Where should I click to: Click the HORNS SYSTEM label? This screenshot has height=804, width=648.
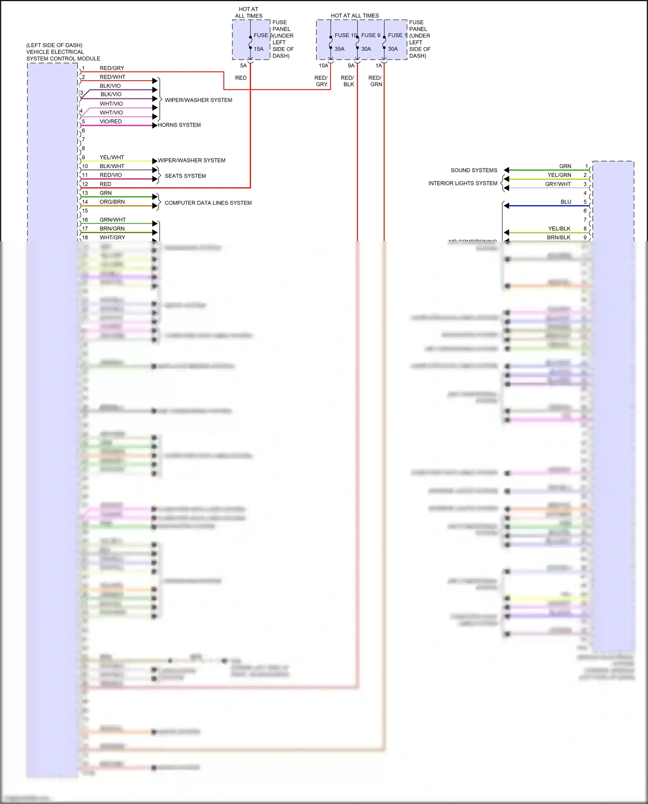pos(179,125)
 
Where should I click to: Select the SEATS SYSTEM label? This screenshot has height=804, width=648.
pos(185,176)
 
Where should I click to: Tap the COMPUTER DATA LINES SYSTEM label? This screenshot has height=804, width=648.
pos(208,203)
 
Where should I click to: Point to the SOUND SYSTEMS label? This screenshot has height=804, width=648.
pos(473,171)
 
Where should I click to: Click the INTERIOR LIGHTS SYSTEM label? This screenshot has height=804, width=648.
pos(463,184)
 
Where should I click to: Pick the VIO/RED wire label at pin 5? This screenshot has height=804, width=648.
pos(111,122)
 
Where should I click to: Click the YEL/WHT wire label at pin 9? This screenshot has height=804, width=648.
pos(111,158)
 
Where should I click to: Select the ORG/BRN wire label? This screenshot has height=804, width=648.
pos(112,202)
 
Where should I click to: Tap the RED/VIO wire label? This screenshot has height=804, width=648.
pos(111,175)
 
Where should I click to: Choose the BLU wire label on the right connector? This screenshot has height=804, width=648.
pos(565,202)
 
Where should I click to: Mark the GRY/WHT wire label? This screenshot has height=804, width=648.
pos(558,184)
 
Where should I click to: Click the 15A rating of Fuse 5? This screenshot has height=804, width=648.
pos(258,49)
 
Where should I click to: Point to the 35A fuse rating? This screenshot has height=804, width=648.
pos(340,49)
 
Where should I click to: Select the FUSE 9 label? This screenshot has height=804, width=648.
pos(371,35)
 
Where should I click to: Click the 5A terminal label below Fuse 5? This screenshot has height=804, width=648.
pos(243,66)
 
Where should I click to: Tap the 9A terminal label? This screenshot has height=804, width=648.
pos(351,66)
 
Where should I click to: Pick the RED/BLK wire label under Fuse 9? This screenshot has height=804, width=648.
pos(347,81)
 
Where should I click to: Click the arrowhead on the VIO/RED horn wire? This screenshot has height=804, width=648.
pos(155,126)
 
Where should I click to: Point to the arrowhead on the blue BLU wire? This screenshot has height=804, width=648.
pos(507,206)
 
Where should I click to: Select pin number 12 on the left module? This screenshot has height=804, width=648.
pos(85,184)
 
